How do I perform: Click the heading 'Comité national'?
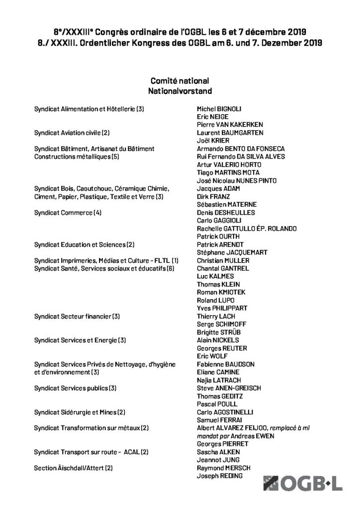coord(180,81)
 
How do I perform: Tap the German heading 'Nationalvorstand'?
coord(180,91)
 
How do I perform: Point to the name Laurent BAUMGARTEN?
coord(230,133)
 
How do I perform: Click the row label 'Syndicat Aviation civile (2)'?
coord(72,133)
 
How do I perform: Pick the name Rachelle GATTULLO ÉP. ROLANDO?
coord(247,228)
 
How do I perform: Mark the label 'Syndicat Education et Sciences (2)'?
coord(84,245)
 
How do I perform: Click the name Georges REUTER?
coord(222,348)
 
